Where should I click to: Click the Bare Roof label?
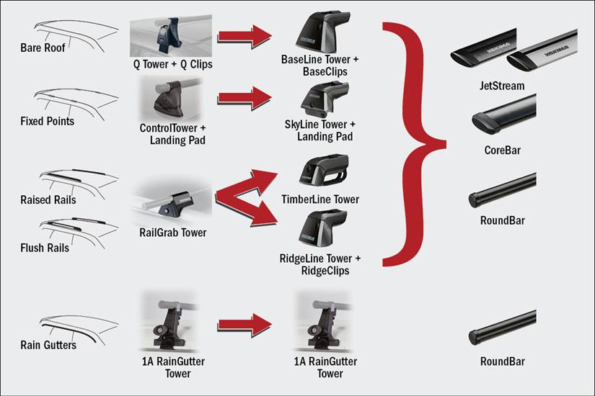[43, 48]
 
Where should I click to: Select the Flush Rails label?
[45, 248]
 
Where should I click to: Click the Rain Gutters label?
[48, 345]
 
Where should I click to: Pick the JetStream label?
[502, 86]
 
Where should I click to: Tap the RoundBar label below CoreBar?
[502, 221]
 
